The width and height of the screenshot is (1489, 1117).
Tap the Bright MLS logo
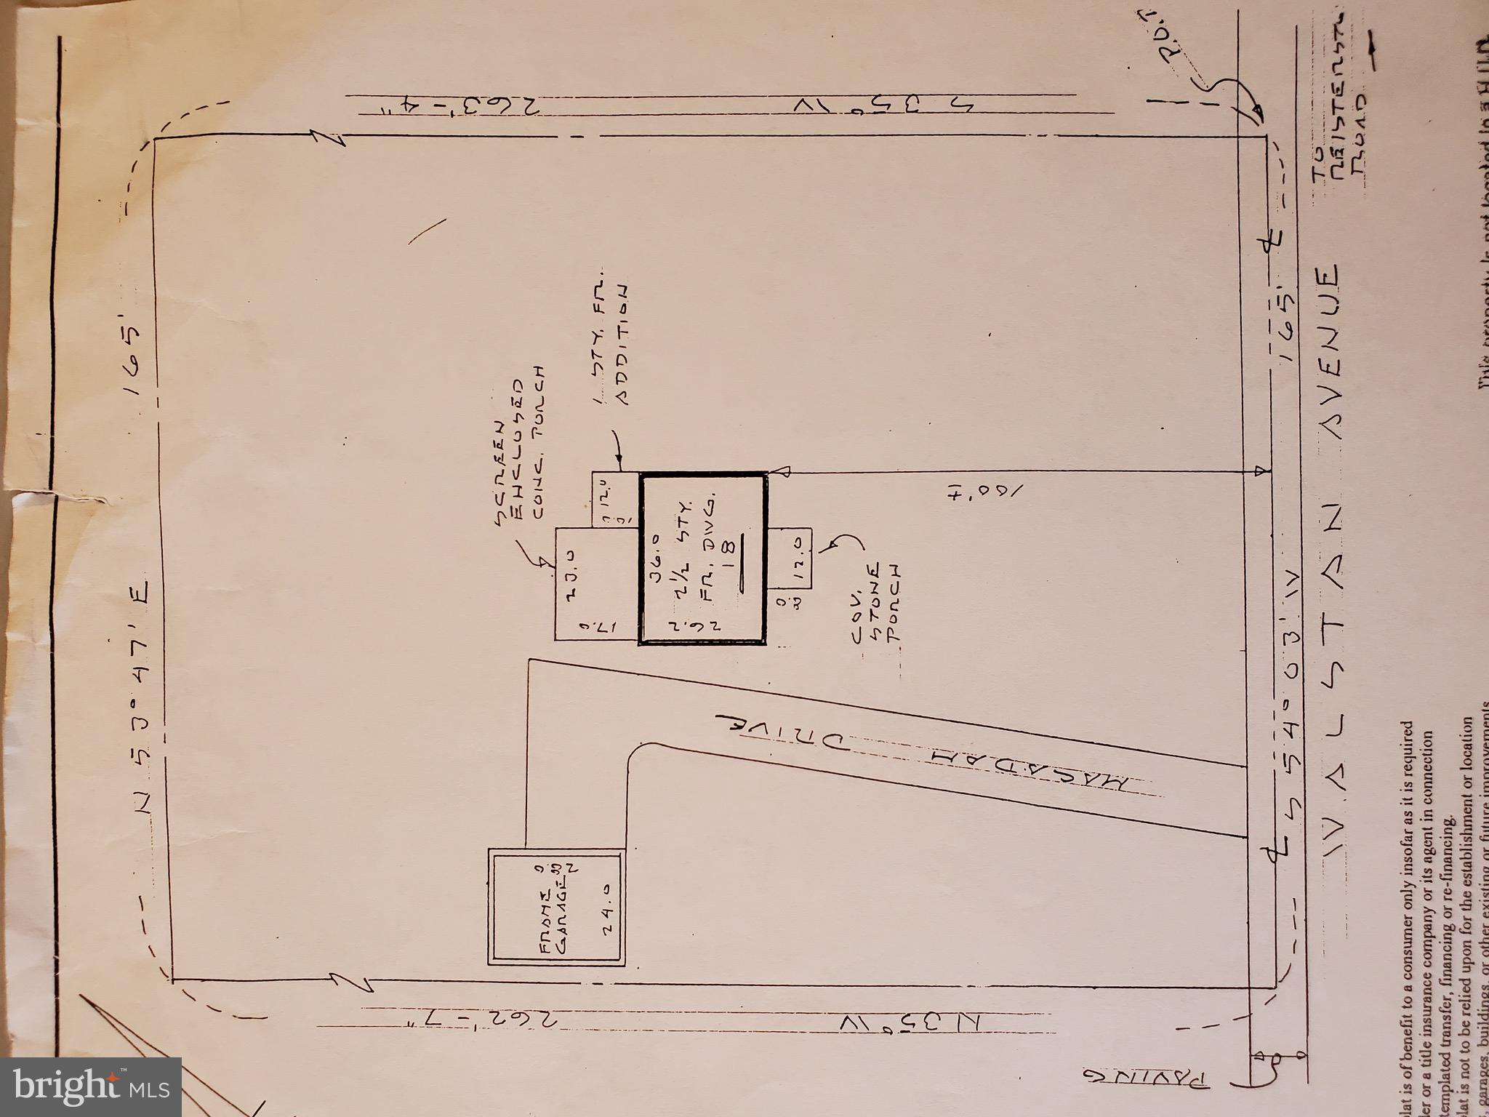point(90,1086)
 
